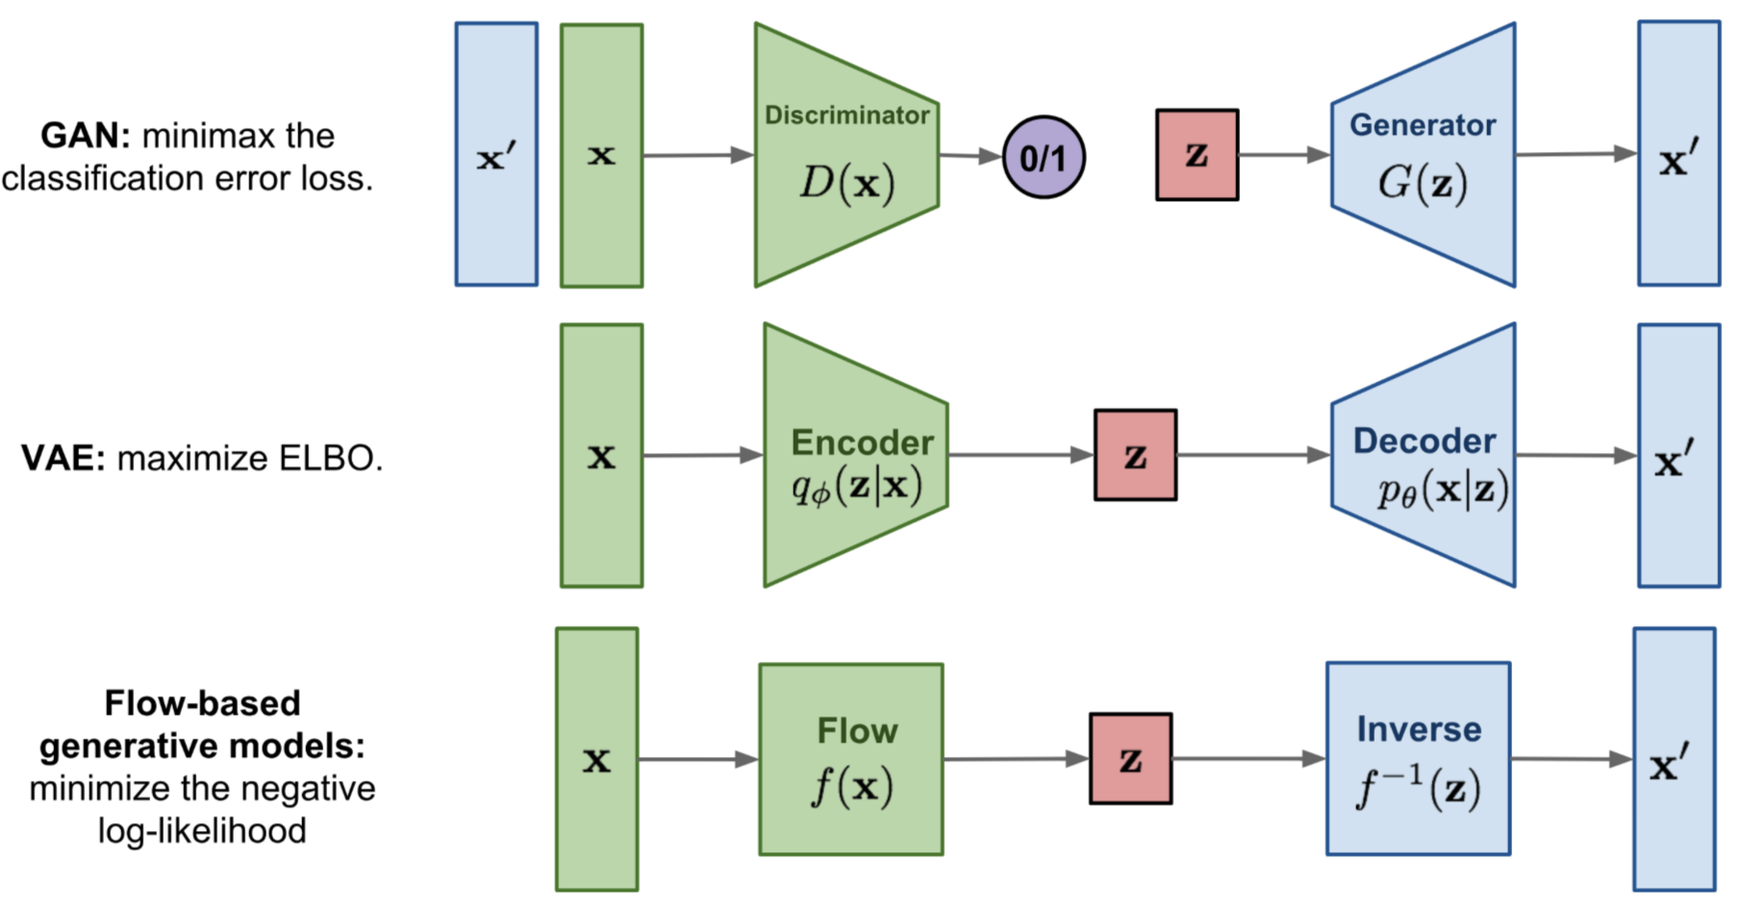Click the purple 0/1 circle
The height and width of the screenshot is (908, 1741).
pyautogui.click(x=1044, y=158)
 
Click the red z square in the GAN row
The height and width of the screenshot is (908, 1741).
pyautogui.click(x=1197, y=155)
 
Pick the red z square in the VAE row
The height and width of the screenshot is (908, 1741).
pyautogui.click(x=1135, y=455)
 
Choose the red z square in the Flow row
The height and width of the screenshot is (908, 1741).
pyautogui.click(x=1130, y=759)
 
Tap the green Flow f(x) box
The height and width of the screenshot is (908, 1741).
pyautogui.click(x=851, y=759)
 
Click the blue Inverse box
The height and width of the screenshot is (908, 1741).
pyautogui.click(x=1418, y=759)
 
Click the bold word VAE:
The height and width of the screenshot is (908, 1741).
pyautogui.click(x=63, y=458)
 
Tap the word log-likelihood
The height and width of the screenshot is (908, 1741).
pyautogui.click(x=202, y=830)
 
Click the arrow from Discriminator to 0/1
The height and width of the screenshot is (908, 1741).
pyautogui.click(x=970, y=155)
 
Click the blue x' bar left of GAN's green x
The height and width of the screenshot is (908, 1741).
pyautogui.click(x=496, y=154)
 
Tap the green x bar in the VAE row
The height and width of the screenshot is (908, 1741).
pyautogui.click(x=601, y=455)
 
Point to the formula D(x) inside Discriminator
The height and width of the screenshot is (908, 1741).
pyautogui.click(x=846, y=182)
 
